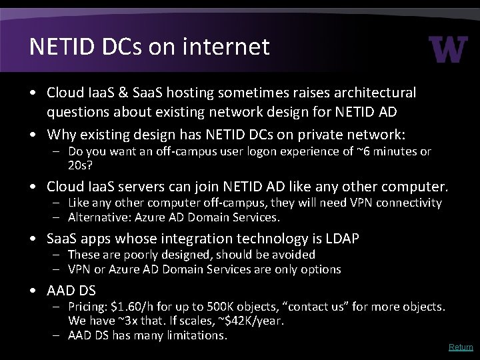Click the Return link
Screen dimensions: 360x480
[x=461, y=347]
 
